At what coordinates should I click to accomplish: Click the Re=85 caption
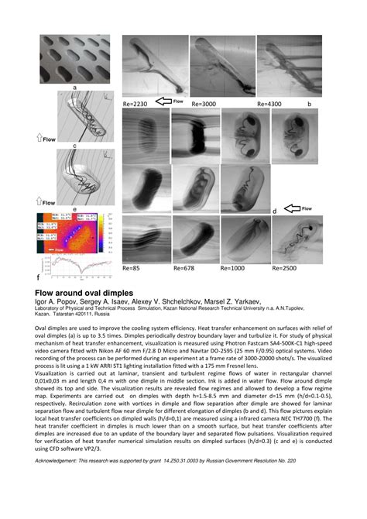[132, 267]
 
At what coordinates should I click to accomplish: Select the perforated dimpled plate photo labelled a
[75, 60]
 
